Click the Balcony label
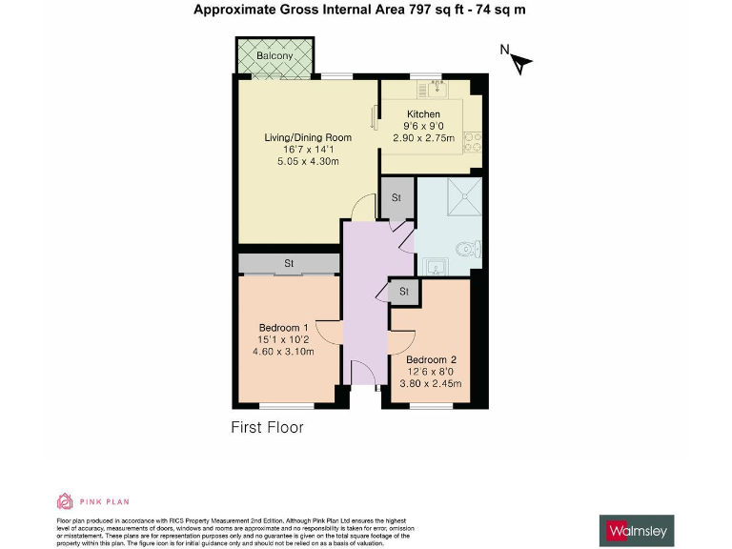274,56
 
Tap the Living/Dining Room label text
308,137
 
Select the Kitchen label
422,114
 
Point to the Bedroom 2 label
432,360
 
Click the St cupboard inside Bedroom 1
288,263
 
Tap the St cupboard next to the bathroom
396,198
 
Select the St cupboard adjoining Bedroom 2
403,291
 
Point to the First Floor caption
268,427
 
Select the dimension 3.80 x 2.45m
432,384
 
